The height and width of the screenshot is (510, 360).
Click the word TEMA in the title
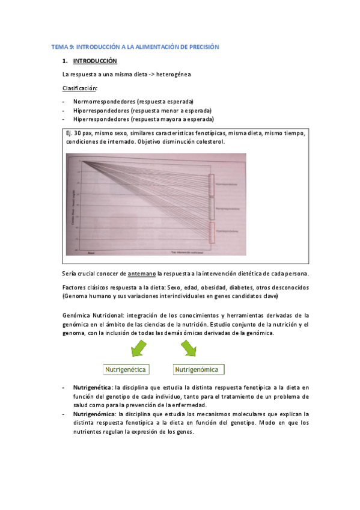(59, 46)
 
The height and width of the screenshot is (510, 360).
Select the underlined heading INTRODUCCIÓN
(95, 61)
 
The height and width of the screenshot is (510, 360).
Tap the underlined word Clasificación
(79, 88)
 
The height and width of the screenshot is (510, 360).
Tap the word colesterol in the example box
(209, 142)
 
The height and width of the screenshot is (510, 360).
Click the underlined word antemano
(143, 274)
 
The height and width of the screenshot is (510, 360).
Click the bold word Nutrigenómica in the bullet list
(94, 414)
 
